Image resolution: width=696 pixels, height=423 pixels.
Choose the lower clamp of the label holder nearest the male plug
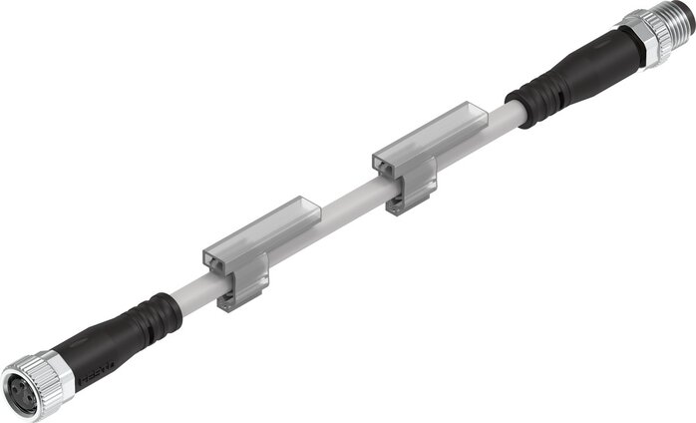point(408,201)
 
